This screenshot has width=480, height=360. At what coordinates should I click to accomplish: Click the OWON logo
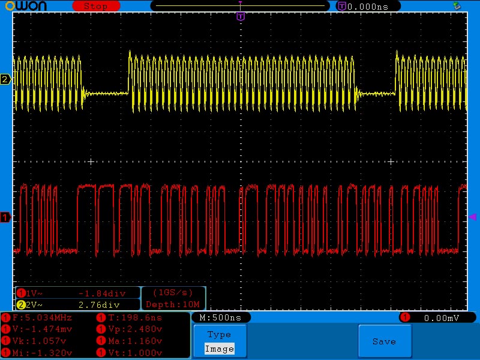click(x=26, y=6)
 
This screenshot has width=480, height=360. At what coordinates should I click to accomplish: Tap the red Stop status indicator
click(x=96, y=6)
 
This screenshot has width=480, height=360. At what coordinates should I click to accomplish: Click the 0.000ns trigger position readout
click(x=368, y=7)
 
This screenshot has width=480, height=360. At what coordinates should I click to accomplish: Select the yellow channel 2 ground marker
click(x=5, y=79)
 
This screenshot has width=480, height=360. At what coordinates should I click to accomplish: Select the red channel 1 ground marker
click(x=5, y=217)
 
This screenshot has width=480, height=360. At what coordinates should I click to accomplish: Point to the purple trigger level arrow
click(x=473, y=217)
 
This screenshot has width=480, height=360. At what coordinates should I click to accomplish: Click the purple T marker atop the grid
click(x=241, y=16)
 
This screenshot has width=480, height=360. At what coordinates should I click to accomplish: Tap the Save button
click(x=385, y=341)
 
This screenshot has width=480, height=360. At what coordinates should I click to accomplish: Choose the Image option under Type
click(x=219, y=349)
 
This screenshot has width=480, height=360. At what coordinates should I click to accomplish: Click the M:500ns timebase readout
click(x=220, y=317)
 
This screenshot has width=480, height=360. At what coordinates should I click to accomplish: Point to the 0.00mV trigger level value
click(x=442, y=318)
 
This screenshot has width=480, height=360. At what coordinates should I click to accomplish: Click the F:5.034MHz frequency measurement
click(x=42, y=317)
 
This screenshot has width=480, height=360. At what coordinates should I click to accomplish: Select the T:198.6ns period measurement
click(x=135, y=317)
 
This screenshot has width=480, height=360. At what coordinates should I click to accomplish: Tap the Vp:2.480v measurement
click(x=135, y=329)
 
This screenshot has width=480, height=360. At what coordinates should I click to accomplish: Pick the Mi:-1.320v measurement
click(x=42, y=353)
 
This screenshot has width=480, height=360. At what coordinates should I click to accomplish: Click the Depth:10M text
click(x=173, y=304)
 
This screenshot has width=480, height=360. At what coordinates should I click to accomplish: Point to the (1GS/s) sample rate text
click(x=173, y=293)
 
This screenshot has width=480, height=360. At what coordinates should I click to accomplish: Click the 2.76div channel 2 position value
click(x=99, y=305)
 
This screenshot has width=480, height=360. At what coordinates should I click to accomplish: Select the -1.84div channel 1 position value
click(x=102, y=293)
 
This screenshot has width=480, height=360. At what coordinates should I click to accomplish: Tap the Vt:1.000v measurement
click(x=135, y=353)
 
